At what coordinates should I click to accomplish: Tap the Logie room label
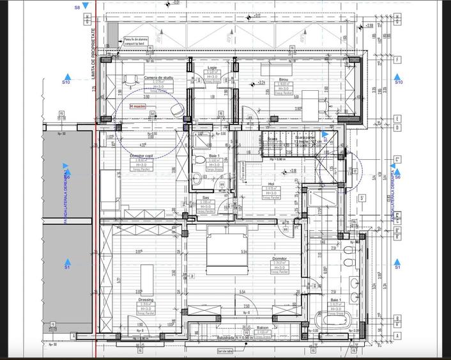[x=212, y=67]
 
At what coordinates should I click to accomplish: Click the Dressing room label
[x=146, y=299]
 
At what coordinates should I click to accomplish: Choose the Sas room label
[x=206, y=198]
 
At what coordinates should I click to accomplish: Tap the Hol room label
[x=271, y=184]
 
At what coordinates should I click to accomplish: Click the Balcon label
[x=245, y=326]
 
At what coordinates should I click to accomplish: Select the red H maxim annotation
[x=137, y=107]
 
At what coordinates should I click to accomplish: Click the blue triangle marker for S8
[x=86, y=6]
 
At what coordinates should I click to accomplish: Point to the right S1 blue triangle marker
[x=397, y=262]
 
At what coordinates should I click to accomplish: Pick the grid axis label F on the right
[x=397, y=60]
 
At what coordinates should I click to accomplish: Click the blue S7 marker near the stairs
[x=325, y=137]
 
